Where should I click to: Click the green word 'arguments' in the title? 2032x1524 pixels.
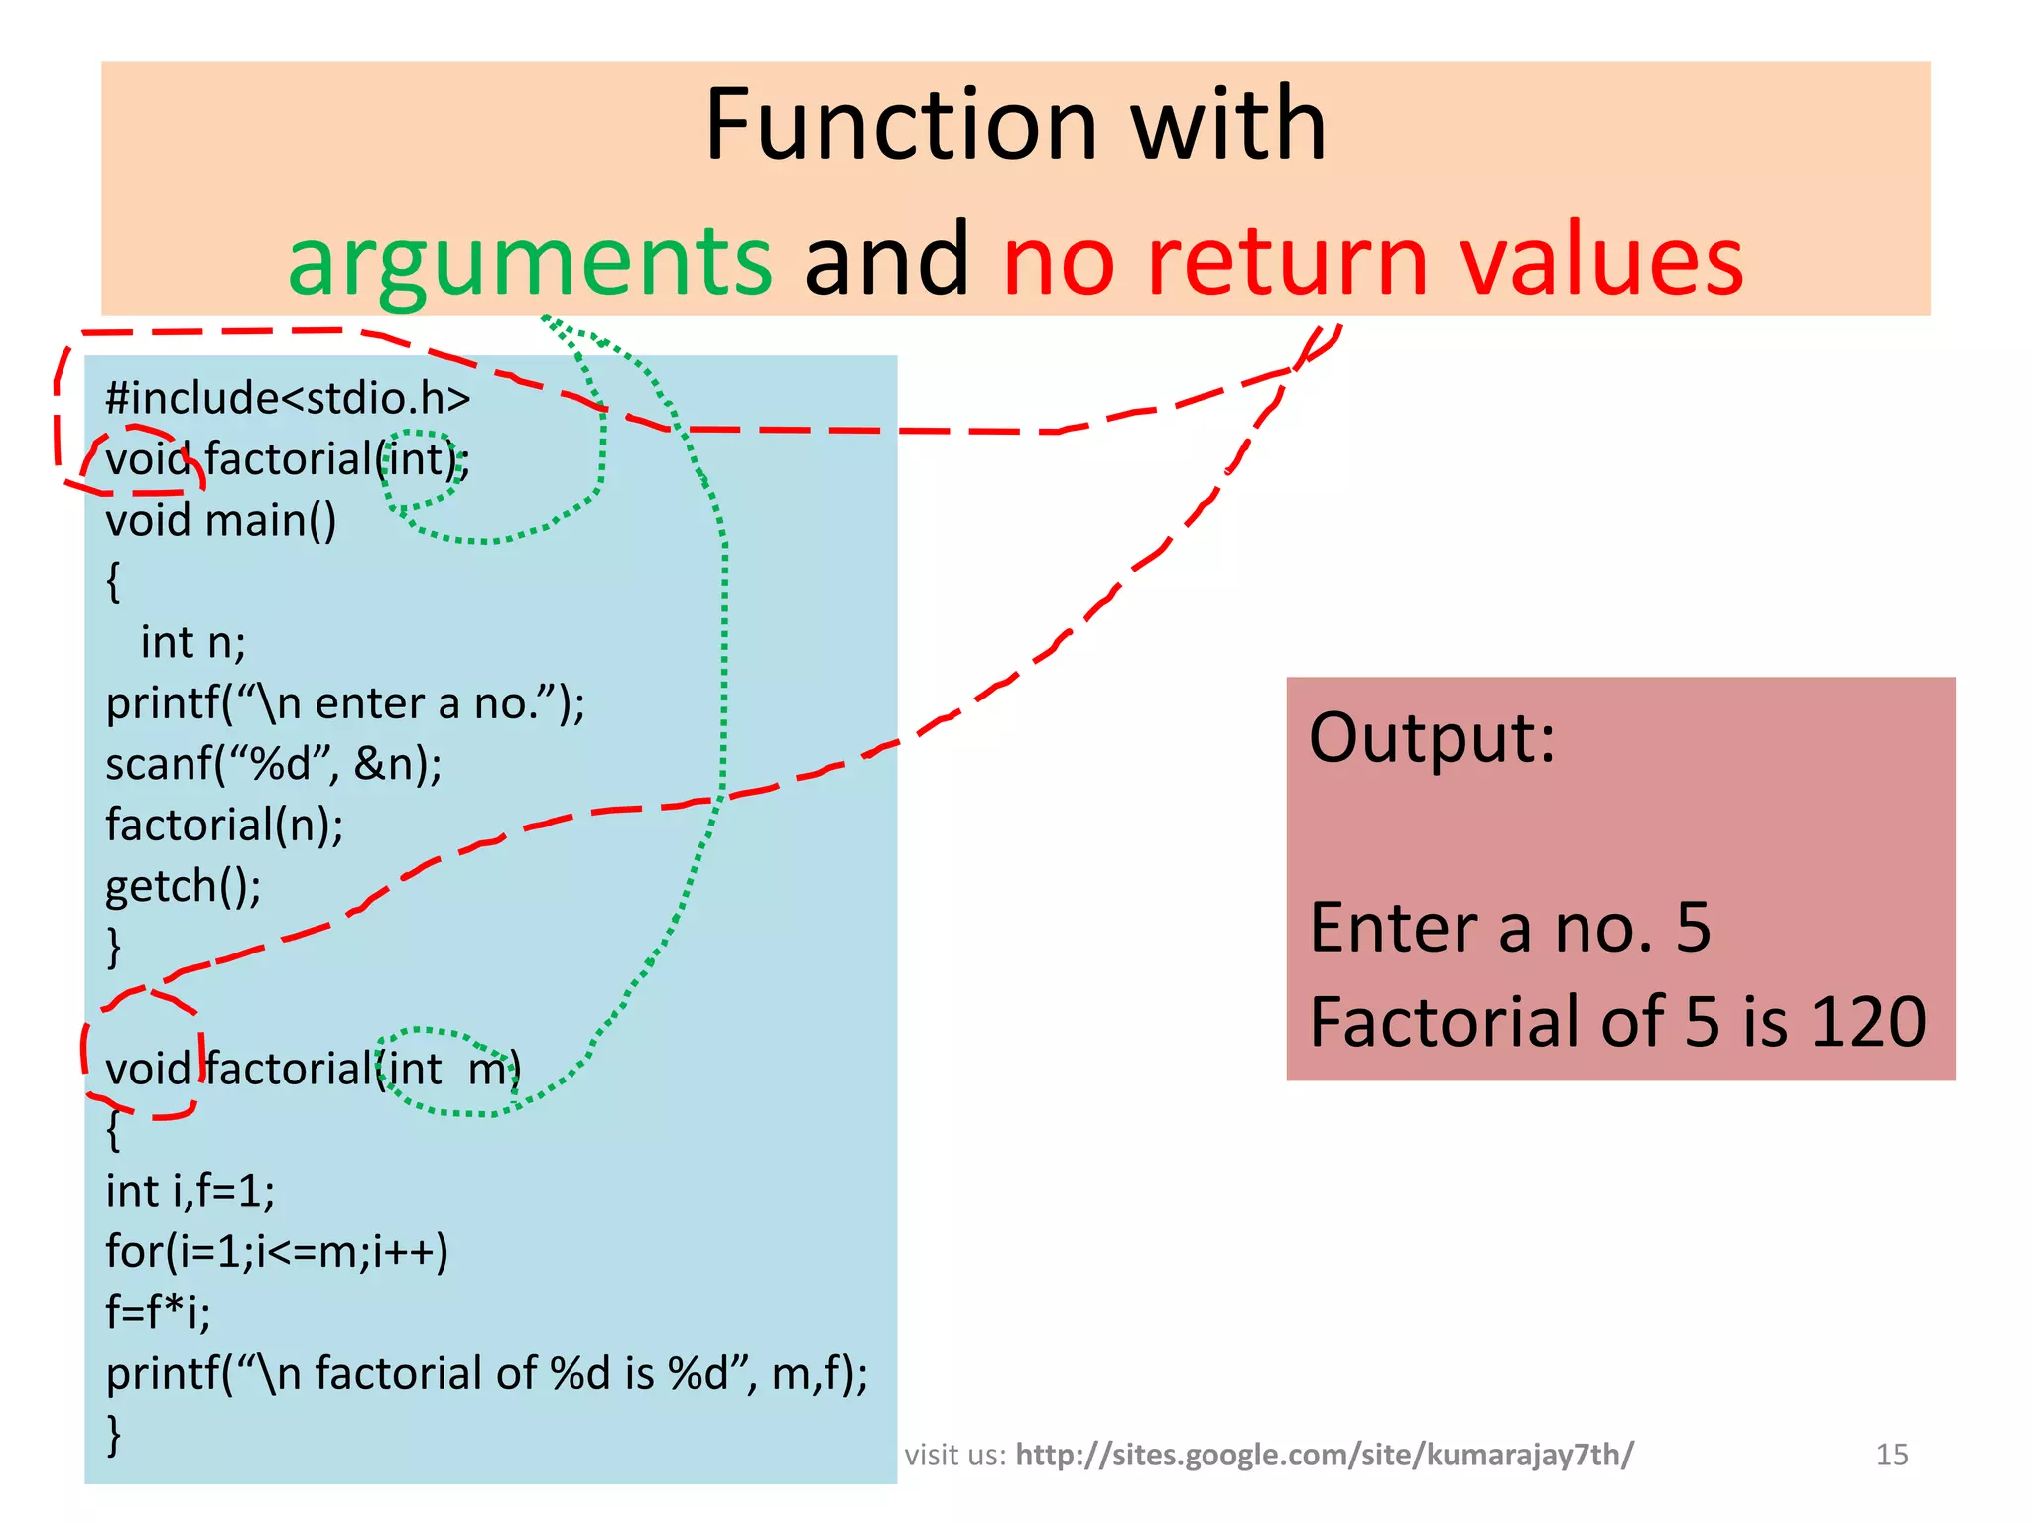529,260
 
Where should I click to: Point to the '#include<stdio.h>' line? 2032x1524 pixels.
288,398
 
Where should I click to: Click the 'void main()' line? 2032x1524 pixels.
220,520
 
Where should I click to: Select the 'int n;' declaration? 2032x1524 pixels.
192,642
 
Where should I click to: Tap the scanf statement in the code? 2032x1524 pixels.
274,764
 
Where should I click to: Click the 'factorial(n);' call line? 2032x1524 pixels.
224,825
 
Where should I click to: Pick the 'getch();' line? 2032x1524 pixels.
184,886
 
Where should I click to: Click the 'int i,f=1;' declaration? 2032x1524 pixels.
190,1191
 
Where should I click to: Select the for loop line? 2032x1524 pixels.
277,1252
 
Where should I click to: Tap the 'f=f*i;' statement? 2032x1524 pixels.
158,1313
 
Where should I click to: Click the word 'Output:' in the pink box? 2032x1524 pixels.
1432,738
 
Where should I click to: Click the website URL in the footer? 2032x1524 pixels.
1324,1455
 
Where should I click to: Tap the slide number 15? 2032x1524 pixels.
1892,1455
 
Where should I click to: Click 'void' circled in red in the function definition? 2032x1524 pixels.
147,1070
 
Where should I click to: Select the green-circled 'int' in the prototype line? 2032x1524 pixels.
415,459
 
